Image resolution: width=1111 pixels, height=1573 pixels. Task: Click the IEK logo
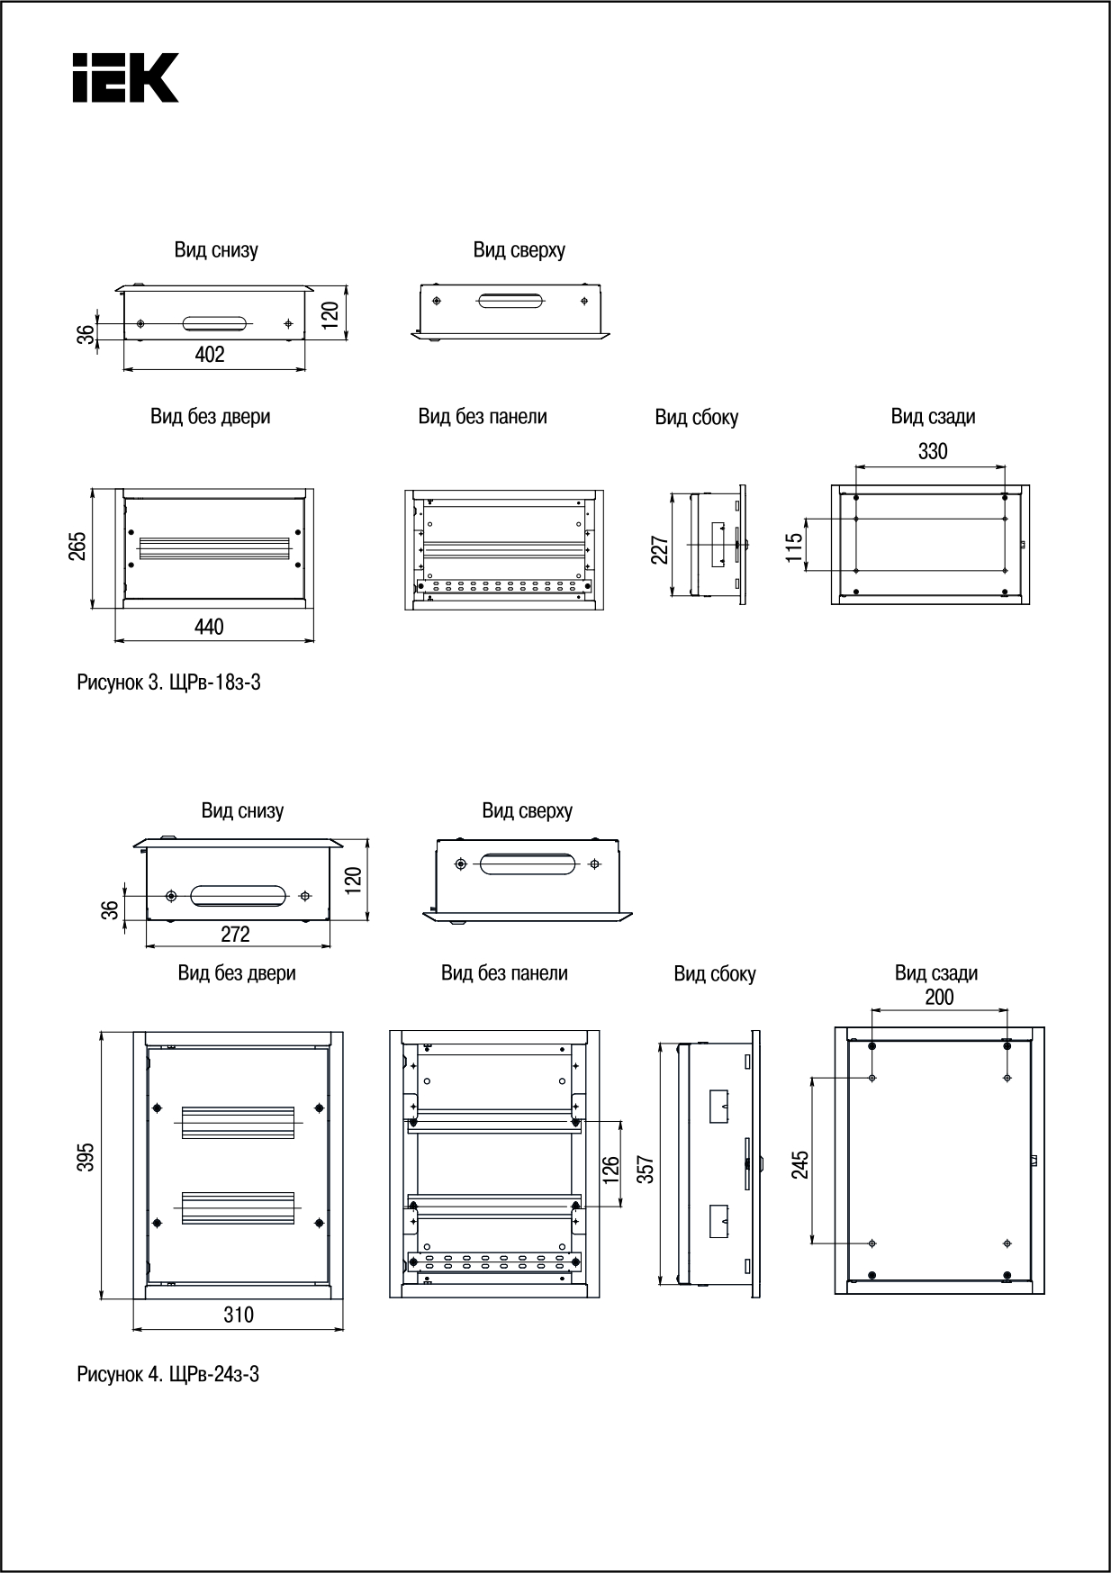pyautogui.click(x=125, y=77)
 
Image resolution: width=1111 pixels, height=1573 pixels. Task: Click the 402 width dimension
pyautogui.click(x=210, y=355)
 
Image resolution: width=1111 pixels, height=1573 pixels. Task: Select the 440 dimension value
pyautogui.click(x=209, y=627)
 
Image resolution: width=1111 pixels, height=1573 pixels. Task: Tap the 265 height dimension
pyautogui.click(x=78, y=547)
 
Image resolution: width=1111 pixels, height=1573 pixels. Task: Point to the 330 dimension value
pyautogui.click(x=933, y=451)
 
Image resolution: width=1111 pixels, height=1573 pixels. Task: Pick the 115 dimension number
pyautogui.click(x=793, y=547)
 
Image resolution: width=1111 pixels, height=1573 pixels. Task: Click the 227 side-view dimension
pyautogui.click(x=659, y=550)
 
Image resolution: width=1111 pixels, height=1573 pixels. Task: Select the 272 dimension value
pyautogui.click(x=235, y=935)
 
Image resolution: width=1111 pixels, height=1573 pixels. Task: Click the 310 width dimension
pyautogui.click(x=239, y=1315)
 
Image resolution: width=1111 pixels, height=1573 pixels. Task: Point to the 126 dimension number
pyautogui.click(x=610, y=1168)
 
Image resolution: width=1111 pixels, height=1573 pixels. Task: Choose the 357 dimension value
pyautogui.click(x=645, y=1168)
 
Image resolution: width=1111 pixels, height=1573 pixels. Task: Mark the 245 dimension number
pyautogui.click(x=799, y=1163)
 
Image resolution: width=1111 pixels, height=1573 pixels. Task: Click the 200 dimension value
pyautogui.click(x=939, y=997)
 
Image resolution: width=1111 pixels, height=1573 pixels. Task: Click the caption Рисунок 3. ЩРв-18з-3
pyautogui.click(x=169, y=683)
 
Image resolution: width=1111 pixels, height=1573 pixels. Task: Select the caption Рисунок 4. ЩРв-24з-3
pyautogui.click(x=168, y=1374)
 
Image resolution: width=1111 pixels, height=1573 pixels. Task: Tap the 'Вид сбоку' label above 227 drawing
pyautogui.click(x=696, y=418)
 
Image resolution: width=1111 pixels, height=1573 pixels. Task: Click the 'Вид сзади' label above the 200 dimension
pyautogui.click(x=935, y=973)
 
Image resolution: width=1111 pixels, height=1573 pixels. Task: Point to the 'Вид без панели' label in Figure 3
pyautogui.click(x=483, y=417)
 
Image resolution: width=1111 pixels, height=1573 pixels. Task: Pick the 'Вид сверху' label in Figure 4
pyautogui.click(x=527, y=810)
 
